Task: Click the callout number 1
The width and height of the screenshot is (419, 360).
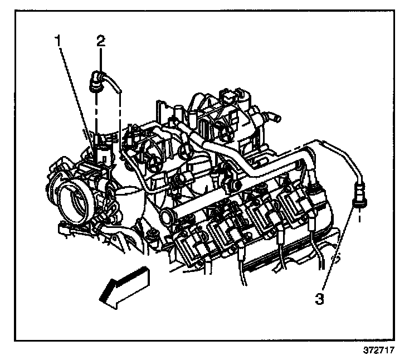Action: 57,40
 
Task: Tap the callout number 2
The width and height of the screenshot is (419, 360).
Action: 100,40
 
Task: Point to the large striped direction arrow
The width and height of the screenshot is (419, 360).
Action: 124,285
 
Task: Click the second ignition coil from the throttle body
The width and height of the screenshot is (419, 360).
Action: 225,231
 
